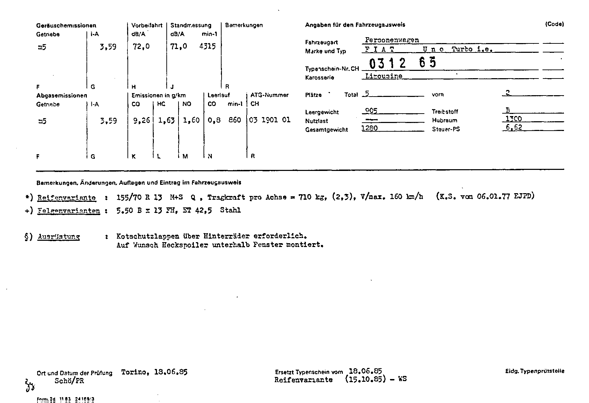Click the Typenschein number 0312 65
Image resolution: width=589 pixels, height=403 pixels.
(403, 63)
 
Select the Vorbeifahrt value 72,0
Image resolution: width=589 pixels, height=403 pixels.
(141, 47)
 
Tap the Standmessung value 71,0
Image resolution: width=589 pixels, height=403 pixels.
(179, 47)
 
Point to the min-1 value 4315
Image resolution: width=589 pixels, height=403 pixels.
(207, 47)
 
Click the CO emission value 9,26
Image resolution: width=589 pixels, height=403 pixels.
(141, 120)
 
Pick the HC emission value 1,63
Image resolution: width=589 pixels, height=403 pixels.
(166, 120)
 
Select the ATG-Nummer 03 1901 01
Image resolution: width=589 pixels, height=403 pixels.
(270, 120)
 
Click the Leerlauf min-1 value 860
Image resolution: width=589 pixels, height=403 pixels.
(235, 120)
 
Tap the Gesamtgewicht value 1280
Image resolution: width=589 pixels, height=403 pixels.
(370, 128)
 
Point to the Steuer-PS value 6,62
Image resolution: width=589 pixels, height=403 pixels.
(514, 127)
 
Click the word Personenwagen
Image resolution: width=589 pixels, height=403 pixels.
(392, 40)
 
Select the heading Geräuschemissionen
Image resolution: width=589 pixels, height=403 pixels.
(66, 25)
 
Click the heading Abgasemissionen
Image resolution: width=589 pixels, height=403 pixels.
(61, 96)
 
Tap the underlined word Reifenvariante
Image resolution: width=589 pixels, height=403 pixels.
(66, 198)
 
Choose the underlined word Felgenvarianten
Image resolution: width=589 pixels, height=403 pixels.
(68, 211)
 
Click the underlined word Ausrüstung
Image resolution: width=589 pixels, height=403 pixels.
(59, 237)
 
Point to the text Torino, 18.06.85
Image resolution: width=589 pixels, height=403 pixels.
(154, 372)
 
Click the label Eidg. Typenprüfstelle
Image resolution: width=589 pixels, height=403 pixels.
(534, 371)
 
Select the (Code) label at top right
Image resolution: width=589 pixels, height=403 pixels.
(554, 24)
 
